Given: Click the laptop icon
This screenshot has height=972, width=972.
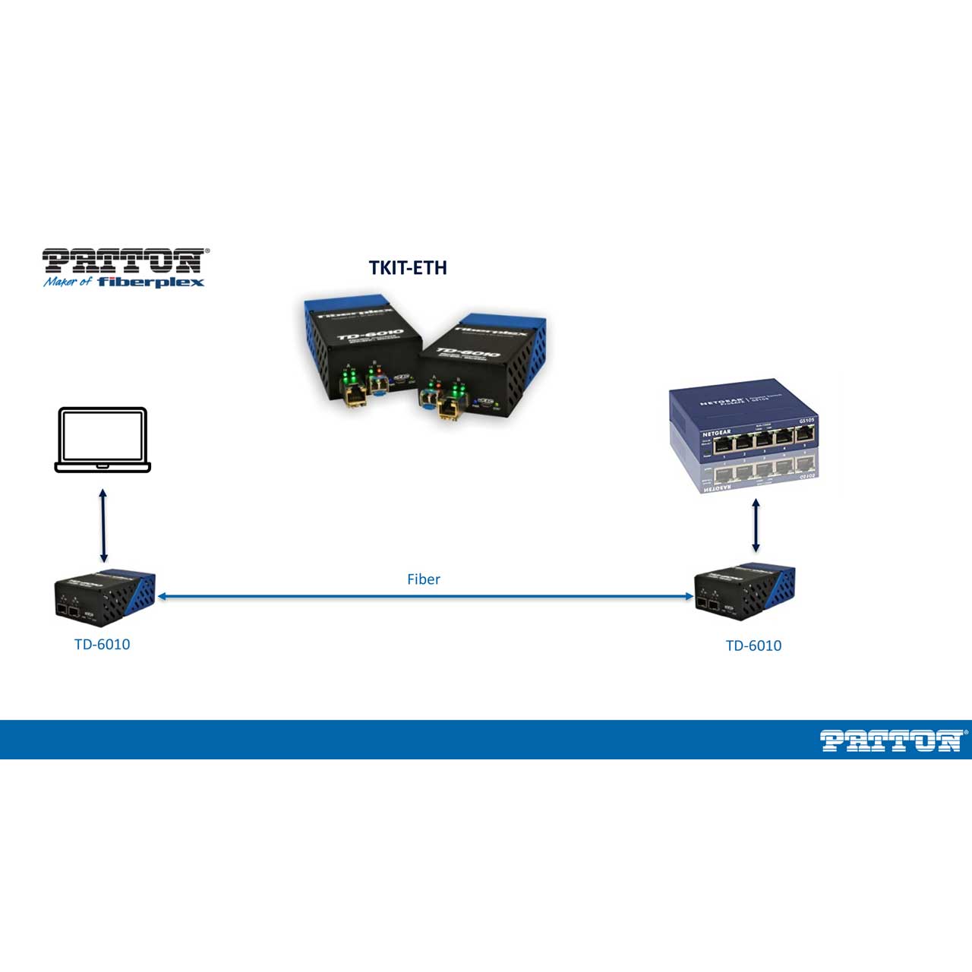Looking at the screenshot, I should tap(103, 440).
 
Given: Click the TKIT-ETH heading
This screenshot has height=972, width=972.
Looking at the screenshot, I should tap(408, 268).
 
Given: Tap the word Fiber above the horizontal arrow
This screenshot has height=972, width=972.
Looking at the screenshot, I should tap(424, 579).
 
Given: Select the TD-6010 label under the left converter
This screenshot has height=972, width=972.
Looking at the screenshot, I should tap(103, 645).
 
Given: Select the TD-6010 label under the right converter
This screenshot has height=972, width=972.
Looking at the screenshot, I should tap(753, 646).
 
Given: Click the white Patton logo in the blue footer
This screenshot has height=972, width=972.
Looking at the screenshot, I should tap(891, 740).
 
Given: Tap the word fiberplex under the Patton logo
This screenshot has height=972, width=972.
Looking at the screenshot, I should tap(151, 282).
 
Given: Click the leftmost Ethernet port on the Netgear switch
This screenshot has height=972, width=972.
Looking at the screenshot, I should tap(723, 441).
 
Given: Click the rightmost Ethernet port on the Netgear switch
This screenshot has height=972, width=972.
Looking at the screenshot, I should tap(804, 435).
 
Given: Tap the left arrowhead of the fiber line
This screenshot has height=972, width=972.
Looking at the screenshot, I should tap(162, 597).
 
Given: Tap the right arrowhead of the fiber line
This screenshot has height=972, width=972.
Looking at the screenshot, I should tap(689, 597).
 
